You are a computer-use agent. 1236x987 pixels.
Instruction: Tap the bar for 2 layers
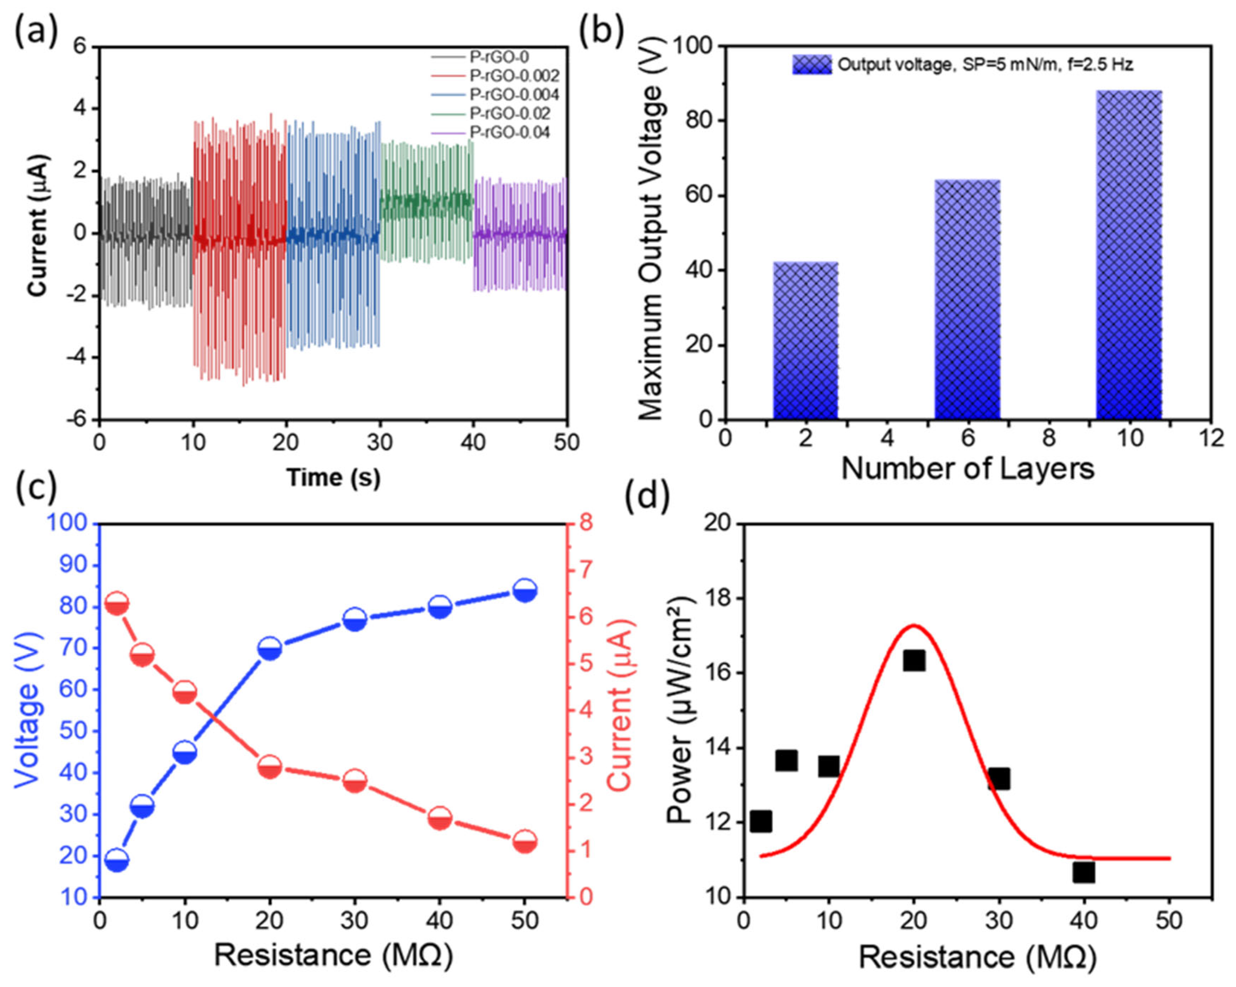(806, 341)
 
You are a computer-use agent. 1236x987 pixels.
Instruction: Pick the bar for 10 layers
(1129, 255)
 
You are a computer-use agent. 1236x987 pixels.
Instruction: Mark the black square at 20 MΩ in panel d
(914, 661)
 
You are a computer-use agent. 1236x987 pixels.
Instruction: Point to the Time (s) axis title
(333, 477)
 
